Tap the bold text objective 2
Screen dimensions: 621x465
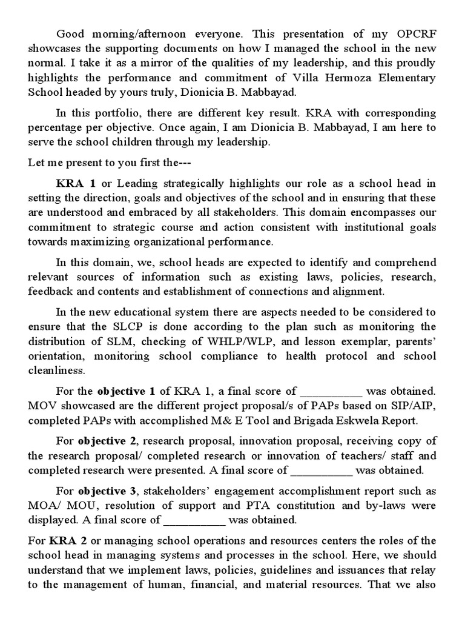coord(103,440)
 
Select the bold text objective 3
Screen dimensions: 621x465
coord(103,491)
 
